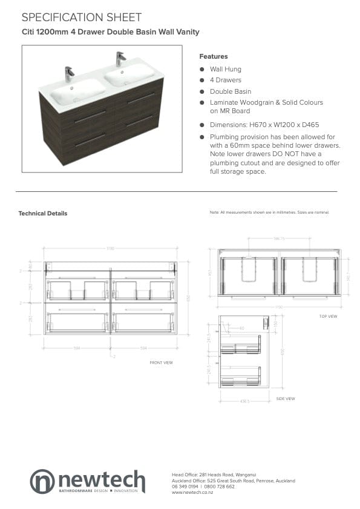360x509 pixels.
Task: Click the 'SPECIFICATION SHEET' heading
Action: [x=82, y=18]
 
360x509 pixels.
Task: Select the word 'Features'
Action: [x=213, y=56]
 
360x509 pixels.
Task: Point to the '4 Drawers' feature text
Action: [x=225, y=80]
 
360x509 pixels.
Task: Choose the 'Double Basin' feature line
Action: [x=230, y=91]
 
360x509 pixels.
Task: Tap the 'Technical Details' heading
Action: [x=43, y=214]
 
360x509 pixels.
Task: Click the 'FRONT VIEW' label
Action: [x=161, y=363]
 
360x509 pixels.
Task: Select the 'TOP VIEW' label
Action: [x=328, y=317]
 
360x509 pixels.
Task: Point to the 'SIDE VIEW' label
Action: [x=285, y=399]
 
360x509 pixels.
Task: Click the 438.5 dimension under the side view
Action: [x=244, y=392]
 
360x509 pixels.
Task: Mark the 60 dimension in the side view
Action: [x=241, y=329]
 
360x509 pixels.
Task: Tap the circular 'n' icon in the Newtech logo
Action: [x=42, y=481]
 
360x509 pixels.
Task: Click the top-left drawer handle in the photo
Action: [x=90, y=117]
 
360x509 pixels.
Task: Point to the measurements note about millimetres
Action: [x=269, y=213]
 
